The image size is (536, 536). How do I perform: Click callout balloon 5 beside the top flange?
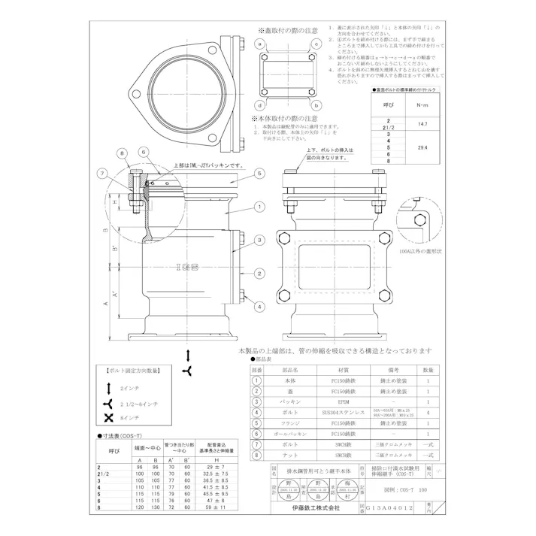point(258,173)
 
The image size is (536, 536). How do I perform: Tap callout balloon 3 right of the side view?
point(258,240)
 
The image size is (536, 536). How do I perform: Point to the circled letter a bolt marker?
point(259,45)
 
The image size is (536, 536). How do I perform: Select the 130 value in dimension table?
point(155,508)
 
